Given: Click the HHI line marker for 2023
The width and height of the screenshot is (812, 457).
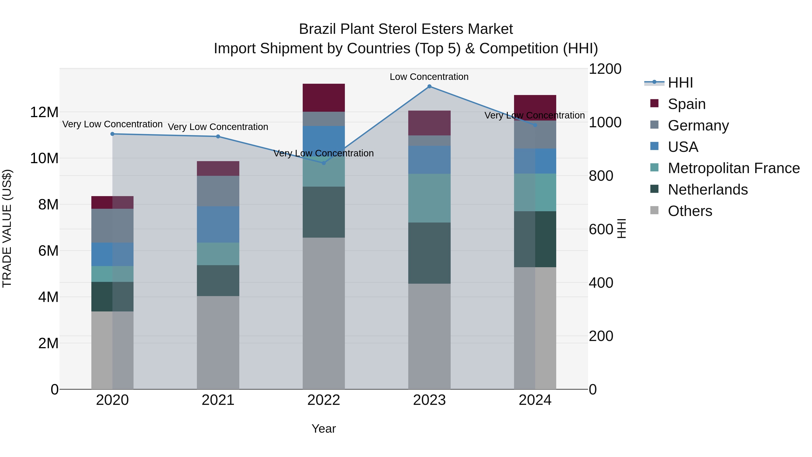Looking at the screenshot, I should coord(429,86).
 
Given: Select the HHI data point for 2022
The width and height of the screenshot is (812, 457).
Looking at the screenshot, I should coord(324,163).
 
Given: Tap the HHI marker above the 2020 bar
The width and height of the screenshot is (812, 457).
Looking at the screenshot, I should coord(113,134).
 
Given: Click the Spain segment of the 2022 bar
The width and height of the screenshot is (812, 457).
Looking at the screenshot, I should coord(324,98).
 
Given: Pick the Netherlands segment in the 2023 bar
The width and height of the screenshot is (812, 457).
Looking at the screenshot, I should coord(429,253).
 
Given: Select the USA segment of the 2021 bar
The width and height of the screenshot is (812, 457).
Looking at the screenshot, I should coord(218,224).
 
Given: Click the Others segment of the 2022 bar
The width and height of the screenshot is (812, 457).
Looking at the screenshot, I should coord(324,313).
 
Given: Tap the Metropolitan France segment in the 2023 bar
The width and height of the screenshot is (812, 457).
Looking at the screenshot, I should coord(429,198).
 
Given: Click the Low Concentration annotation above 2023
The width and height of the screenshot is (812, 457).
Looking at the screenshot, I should coord(429,77).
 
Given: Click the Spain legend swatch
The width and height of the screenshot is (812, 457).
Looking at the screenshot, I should coord(654,103).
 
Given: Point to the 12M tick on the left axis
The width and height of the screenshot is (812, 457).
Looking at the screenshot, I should coord(44,112).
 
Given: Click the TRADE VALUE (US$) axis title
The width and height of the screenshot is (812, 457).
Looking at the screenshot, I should coord(7,228).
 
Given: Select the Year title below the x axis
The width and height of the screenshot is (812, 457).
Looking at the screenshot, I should coord(324,429).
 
